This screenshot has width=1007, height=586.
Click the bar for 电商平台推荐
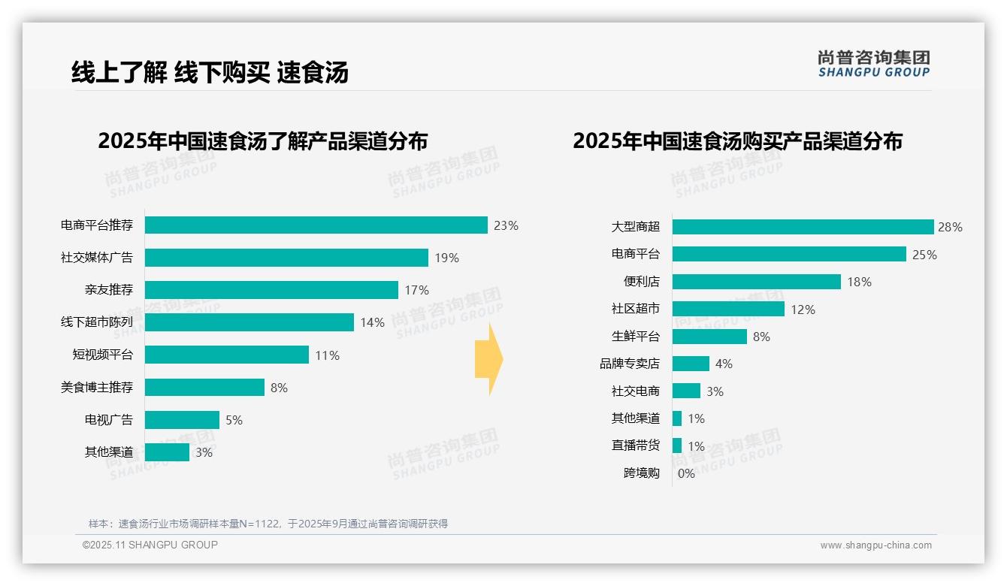(316, 225)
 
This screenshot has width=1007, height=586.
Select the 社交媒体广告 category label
(97, 258)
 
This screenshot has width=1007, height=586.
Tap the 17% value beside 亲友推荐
(416, 290)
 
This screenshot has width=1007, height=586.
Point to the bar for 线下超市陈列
(249, 322)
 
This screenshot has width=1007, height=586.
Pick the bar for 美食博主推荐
(204, 388)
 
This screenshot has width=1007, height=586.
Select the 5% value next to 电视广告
(234, 420)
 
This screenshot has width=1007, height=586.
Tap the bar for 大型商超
(803, 227)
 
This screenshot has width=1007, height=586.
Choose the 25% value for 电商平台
(924, 255)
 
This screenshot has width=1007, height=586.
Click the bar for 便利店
(756, 282)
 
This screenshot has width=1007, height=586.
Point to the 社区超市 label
(636, 309)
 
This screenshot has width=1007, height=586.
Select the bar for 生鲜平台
(709, 337)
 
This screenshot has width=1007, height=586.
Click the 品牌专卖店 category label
(630, 364)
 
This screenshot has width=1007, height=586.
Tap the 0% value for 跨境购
(686, 473)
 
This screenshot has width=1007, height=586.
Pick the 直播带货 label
(636, 446)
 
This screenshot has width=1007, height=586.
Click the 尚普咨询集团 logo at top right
(874, 63)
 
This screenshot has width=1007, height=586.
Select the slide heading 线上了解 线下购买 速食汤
(210, 72)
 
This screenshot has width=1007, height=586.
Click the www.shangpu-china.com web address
(875, 545)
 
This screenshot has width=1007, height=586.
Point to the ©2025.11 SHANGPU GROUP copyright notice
(150, 545)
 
